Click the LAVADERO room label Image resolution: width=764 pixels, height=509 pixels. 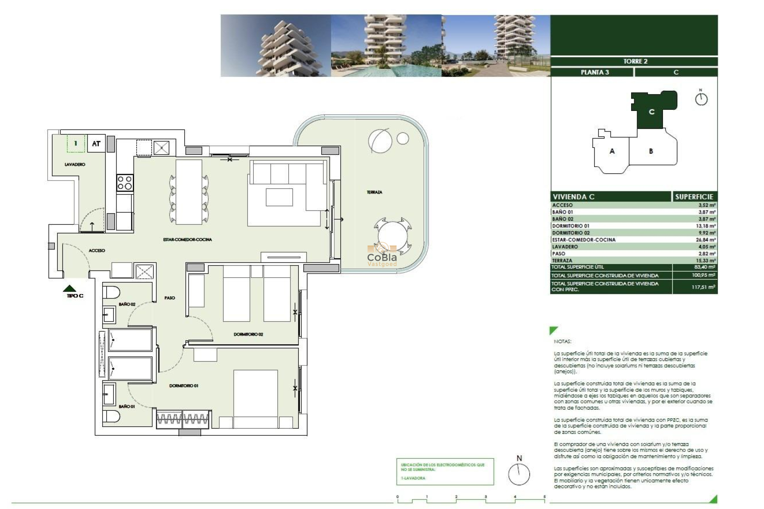point(75,164)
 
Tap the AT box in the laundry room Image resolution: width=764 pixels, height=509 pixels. point(96,144)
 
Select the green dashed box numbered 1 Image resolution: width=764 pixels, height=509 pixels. point(76,144)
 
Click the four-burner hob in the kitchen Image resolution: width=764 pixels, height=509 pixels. point(125,183)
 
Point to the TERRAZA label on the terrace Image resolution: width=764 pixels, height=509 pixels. point(374,192)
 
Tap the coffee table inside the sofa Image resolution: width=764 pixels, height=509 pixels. point(279,197)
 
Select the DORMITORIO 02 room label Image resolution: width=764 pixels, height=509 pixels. point(248,334)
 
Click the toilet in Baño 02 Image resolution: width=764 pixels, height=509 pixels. point(111,292)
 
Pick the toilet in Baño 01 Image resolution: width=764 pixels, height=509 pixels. point(111,417)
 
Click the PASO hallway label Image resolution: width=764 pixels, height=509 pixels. point(170,298)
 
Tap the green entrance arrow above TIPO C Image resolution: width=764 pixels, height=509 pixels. point(70,288)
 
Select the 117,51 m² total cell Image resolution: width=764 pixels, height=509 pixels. point(703,287)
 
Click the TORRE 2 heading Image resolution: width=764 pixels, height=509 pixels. point(635,61)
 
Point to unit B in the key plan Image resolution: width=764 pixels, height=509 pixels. point(651,151)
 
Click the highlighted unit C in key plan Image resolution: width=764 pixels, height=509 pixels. point(651,112)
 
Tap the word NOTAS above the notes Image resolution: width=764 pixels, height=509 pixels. point(562,342)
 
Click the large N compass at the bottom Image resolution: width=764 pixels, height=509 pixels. point(519,473)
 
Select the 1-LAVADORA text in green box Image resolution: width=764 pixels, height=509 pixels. point(413,478)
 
